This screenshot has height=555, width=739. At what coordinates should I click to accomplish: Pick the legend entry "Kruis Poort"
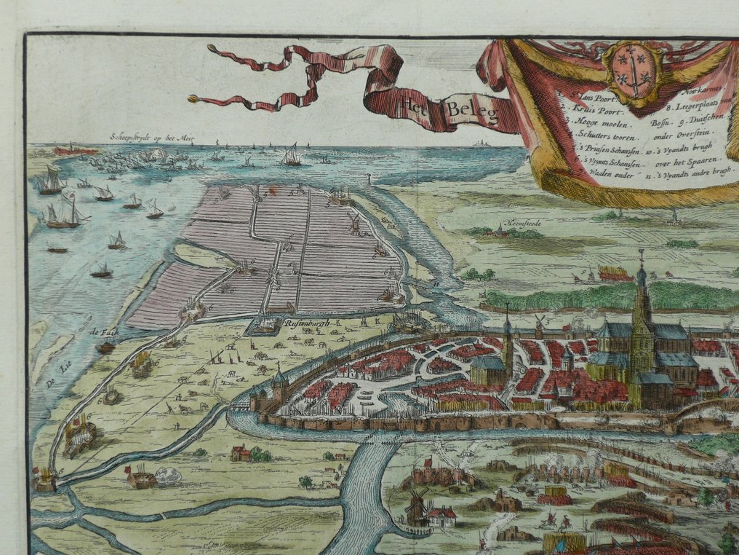(x=587, y=108)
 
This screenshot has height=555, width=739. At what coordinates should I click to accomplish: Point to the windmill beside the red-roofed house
(x=417, y=503)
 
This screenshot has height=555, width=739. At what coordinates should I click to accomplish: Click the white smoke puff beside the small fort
(x=169, y=476)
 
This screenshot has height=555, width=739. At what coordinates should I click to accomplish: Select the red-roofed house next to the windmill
(x=442, y=516)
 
